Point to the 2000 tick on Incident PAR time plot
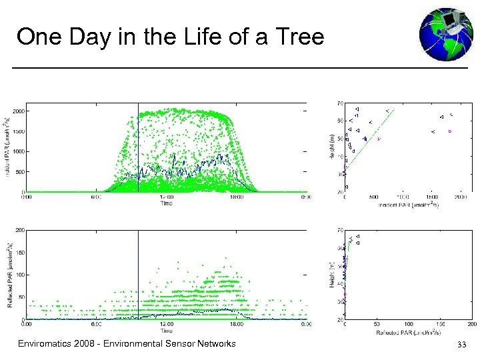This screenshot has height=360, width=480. tap(16, 111)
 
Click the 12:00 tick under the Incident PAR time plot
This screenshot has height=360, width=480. tap(166, 197)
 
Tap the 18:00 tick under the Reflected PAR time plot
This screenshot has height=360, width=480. tap(237, 325)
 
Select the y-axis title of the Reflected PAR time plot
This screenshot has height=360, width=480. tap(9, 275)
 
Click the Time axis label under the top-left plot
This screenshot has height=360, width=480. tap(166, 203)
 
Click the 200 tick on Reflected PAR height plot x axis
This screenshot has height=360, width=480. tap(471, 325)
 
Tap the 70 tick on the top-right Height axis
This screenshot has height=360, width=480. tap(340, 103)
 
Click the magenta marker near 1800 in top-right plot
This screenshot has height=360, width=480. tap(450, 131)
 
